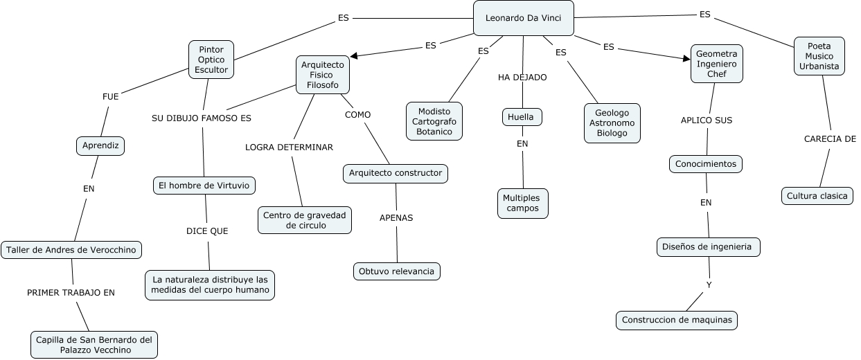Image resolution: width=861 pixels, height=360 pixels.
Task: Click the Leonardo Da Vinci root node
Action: click(523, 18)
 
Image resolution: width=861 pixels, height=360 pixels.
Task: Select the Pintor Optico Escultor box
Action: click(211, 60)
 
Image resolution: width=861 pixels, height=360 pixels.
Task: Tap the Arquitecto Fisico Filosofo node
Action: click(322, 75)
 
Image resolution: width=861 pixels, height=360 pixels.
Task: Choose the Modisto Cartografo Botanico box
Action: click(434, 121)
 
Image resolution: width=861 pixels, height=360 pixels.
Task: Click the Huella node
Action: click(521, 117)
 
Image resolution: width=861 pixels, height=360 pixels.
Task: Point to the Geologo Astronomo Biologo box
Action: click(612, 123)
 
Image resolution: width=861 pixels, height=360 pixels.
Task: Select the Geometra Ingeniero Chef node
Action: click(716, 64)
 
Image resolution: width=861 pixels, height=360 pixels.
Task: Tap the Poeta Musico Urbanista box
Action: click(819, 56)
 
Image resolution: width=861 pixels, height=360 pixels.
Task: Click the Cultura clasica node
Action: click(817, 196)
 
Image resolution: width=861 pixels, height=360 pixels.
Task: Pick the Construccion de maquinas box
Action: click(676, 320)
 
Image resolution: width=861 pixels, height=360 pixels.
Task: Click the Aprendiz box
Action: click(100, 145)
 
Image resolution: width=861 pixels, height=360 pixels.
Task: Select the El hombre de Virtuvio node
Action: click(204, 186)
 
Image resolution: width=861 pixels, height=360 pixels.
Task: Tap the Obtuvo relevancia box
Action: click(396, 271)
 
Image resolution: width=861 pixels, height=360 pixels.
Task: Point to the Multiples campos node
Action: click(522, 204)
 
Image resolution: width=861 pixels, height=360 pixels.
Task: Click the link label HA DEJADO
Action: click(522, 77)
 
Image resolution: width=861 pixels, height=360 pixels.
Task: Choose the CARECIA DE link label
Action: click(830, 138)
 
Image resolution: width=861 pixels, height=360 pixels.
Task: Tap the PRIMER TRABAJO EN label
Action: click(71, 292)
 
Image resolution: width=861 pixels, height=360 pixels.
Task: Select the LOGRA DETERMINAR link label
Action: click(289, 147)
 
